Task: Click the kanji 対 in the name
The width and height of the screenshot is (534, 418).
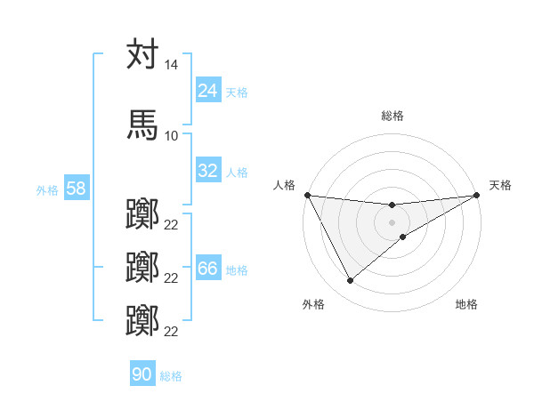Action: (x=142, y=54)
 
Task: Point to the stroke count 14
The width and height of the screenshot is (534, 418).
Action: (x=171, y=66)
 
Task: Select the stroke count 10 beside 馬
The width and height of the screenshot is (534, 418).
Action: (x=171, y=135)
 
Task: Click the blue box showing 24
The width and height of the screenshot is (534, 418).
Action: (x=208, y=91)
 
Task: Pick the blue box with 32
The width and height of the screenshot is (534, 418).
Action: (x=208, y=171)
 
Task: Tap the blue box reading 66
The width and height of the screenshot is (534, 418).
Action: (x=208, y=269)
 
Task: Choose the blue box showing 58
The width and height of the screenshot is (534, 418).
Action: (x=76, y=189)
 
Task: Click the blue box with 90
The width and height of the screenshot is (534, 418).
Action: (x=142, y=374)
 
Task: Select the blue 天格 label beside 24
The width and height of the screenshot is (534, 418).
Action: (x=237, y=92)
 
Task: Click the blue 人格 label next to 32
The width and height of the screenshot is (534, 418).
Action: (x=237, y=172)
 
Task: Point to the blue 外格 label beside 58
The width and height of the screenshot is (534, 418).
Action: (x=47, y=189)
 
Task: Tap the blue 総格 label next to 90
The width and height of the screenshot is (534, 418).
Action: (x=171, y=375)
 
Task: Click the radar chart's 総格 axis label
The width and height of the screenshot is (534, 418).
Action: (x=392, y=116)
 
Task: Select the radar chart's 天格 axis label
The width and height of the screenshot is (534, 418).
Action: (x=500, y=185)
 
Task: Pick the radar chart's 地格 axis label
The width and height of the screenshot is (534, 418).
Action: (x=466, y=304)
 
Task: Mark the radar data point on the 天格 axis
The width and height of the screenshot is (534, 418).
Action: (x=477, y=195)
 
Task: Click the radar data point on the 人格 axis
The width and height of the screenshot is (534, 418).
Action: (x=307, y=195)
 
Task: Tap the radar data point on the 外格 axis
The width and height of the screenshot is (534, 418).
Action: (x=351, y=281)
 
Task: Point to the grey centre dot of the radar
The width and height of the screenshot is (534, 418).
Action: (x=392, y=221)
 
